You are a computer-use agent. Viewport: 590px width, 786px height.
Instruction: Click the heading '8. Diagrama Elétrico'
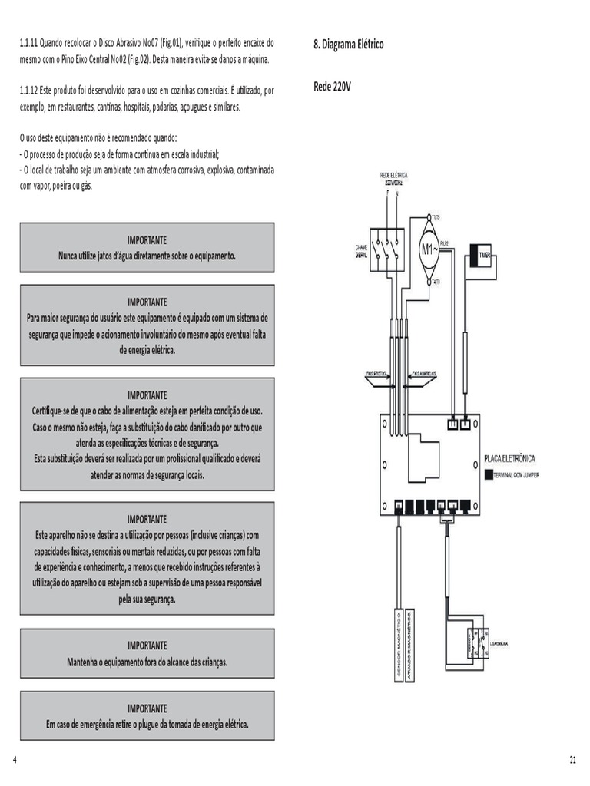(348, 45)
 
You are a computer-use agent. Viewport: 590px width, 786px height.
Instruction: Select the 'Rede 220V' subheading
(332, 87)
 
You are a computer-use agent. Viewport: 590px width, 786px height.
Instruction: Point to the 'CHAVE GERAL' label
(361, 251)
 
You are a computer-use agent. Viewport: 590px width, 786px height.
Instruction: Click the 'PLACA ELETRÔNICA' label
(509, 459)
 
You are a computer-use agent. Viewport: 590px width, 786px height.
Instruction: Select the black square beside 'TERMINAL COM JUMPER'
(489, 476)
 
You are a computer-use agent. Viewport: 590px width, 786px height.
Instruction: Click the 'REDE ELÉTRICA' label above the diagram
(393, 176)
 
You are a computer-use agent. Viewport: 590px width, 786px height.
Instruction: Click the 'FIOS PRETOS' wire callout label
(376, 374)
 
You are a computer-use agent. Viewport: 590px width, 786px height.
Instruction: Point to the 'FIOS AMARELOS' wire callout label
(423, 374)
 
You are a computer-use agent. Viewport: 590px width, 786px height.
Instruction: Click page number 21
(572, 760)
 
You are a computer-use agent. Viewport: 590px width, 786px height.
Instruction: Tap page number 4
(15, 760)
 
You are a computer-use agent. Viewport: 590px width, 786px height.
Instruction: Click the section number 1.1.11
(32, 43)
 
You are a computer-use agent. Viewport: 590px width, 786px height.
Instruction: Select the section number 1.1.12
(32, 91)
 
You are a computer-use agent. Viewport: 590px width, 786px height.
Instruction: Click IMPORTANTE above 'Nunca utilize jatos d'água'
(147, 239)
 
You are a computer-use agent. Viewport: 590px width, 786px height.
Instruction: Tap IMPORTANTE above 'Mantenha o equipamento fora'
(147, 646)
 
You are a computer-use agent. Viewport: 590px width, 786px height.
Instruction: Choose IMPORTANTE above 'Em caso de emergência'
(147, 708)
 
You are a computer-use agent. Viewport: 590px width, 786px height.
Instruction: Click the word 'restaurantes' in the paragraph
(72, 107)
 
